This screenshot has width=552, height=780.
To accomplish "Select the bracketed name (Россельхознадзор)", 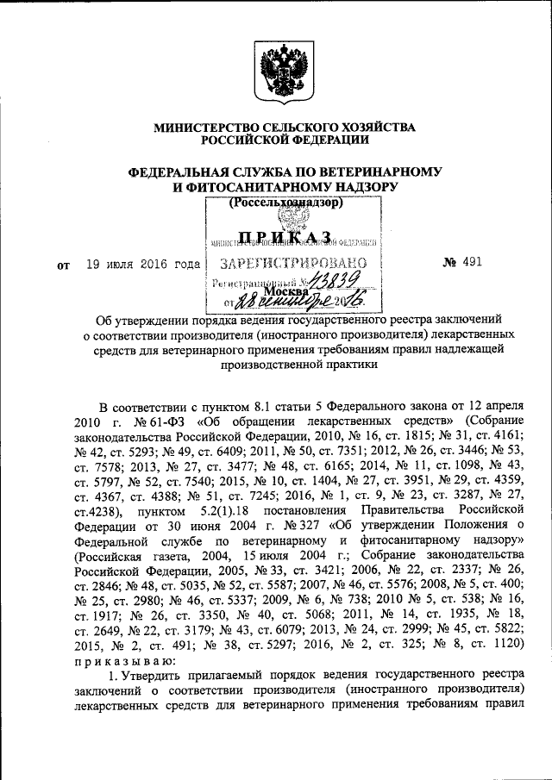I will coord(286,203).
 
